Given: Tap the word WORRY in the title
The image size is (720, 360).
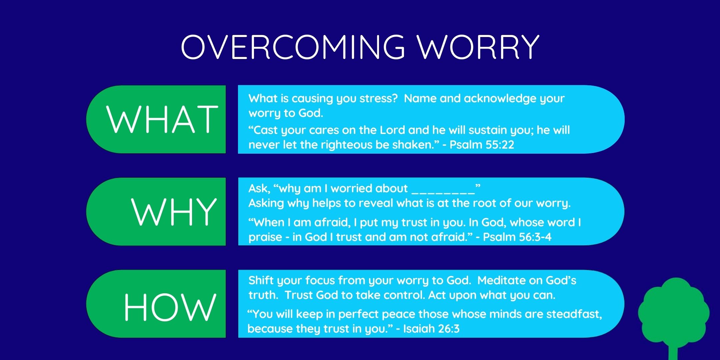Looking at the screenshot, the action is (x=478, y=47).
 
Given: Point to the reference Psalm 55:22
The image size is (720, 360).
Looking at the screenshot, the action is (x=482, y=145).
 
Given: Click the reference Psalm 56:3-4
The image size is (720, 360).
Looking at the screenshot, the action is (x=517, y=237).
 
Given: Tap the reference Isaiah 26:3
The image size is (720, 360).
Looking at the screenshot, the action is (x=431, y=329).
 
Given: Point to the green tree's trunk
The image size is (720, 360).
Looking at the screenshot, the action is (x=673, y=352).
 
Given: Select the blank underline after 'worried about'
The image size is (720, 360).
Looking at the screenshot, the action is (x=443, y=193).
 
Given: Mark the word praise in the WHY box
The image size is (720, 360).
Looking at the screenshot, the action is (x=265, y=238).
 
